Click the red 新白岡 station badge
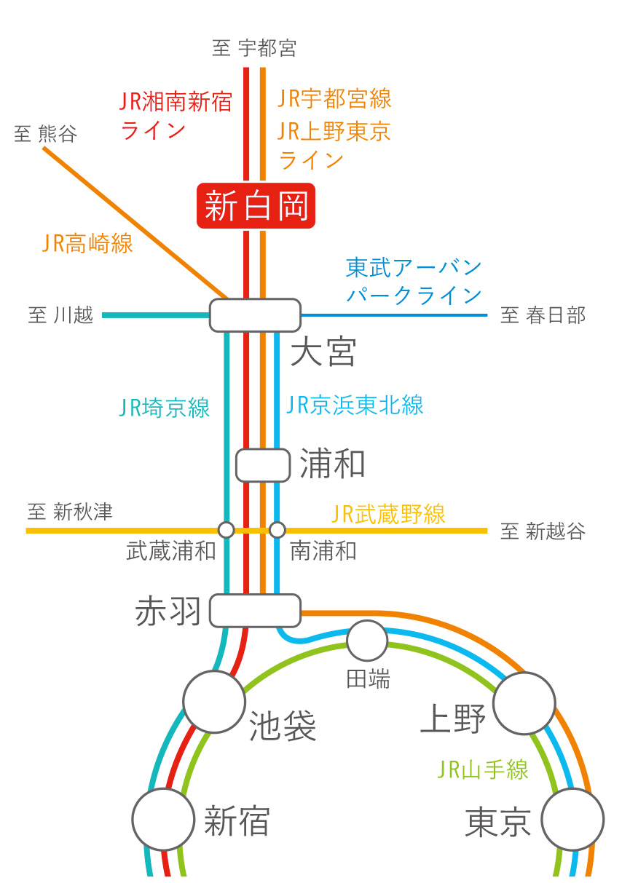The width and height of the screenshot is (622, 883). coord(256,205)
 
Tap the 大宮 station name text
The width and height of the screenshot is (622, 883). coord(323,352)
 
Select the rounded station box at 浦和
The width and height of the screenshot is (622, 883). coord(263,465)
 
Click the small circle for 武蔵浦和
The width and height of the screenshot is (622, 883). coord(226,529)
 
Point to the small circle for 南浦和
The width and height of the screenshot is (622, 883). coord(277,529)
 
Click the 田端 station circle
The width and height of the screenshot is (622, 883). coord(367,641)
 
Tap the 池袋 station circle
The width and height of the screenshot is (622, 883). coord(213,702)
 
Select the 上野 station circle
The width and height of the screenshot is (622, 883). coord(524,703)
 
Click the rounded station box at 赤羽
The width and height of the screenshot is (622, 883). coord(255,610)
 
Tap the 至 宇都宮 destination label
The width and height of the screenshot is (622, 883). coord(254,49)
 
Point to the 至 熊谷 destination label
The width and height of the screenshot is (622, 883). coord(45,134)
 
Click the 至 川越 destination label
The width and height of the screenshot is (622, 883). coord(60,316)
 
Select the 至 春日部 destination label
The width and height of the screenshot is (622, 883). coord(543,316)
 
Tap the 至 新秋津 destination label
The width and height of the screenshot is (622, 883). coord(70,512)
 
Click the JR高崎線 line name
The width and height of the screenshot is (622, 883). coord(88,243)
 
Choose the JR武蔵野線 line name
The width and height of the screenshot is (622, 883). coord(388,515)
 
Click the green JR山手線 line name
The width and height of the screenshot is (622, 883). coord(483,769)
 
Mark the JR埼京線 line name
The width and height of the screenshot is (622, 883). coord(165,407)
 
